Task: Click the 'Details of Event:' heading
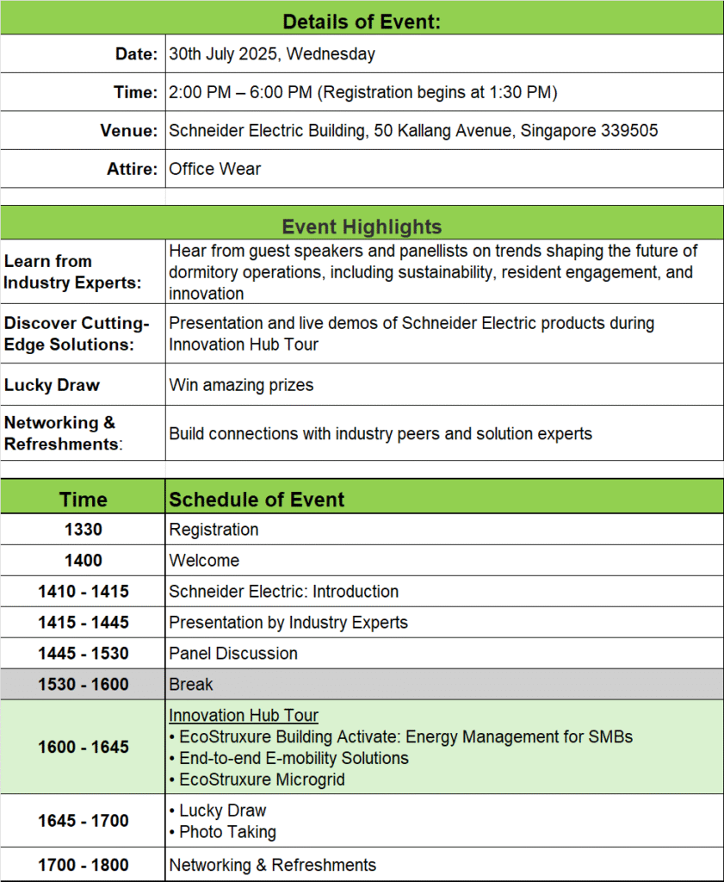(362, 22)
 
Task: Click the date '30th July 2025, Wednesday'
(272, 54)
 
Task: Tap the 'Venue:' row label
(129, 131)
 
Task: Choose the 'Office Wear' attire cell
(215, 169)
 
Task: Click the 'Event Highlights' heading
(362, 227)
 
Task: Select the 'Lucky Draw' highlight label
(52, 385)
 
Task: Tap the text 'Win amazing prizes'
(241, 385)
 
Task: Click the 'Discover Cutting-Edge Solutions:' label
(77, 333)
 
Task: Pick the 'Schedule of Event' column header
(257, 500)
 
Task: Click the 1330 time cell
(83, 530)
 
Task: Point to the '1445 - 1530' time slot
(83, 654)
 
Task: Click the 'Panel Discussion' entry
(233, 654)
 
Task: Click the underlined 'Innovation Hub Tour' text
(244, 716)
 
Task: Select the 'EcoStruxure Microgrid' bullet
(263, 780)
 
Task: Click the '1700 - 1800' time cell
(83, 865)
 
